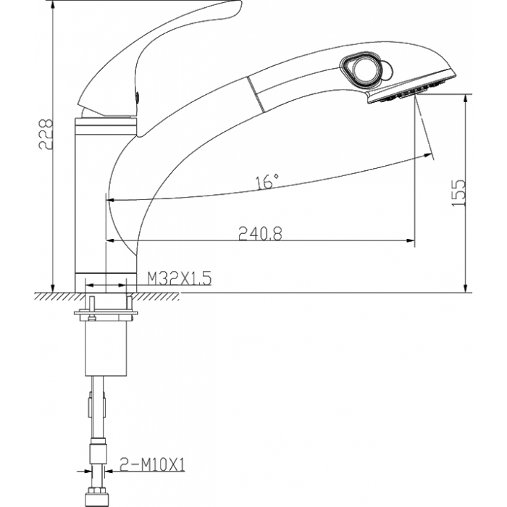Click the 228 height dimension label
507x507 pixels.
(46, 135)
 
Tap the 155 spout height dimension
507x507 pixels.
(458, 193)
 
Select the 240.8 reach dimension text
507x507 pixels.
(260, 233)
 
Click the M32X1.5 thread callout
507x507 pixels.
(180, 278)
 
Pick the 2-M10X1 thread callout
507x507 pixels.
(152, 465)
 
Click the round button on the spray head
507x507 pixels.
(364, 69)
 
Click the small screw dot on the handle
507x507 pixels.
(137, 96)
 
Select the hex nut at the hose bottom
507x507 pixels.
(97, 498)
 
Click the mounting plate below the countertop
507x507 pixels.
(106, 313)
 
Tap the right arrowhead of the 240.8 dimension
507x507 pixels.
(411, 240)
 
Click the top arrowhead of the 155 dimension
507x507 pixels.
(466, 99)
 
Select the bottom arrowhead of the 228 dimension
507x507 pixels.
(53, 288)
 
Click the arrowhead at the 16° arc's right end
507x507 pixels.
(429, 156)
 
